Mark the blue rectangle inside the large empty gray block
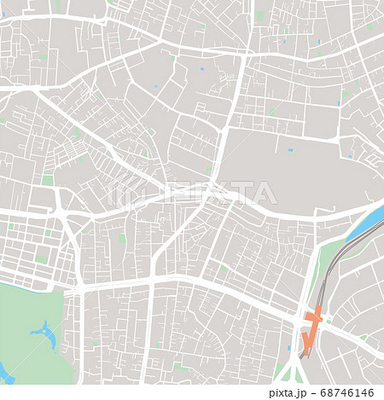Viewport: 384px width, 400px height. tap(290, 150)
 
